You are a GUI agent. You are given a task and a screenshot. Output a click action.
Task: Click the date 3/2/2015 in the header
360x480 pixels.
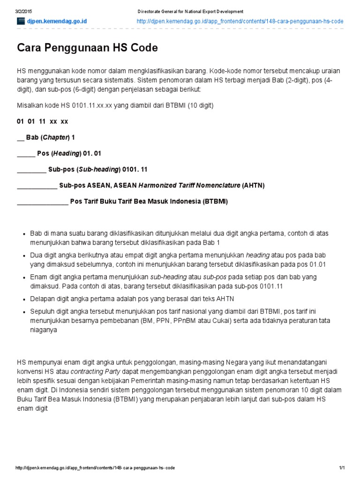[x=23, y=11]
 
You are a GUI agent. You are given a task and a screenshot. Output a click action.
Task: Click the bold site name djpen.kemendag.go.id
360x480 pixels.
[x=56, y=22]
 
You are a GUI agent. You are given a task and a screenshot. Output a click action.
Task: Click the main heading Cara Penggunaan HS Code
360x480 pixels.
[x=87, y=48]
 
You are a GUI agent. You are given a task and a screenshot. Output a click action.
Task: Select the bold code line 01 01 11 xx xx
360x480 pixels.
[x=43, y=121]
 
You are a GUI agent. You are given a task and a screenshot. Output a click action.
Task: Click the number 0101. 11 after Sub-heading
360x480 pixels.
[x=135, y=169]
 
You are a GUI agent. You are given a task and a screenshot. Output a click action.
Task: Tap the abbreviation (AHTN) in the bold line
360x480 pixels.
[x=253, y=185]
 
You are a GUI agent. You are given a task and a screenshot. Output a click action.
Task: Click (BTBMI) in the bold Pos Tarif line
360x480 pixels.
[x=215, y=202]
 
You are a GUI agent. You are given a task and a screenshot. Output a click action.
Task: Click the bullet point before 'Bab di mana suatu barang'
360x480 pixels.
[x=24, y=233]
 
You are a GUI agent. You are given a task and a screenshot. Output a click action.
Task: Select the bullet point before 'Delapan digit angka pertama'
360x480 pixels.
[x=24, y=299]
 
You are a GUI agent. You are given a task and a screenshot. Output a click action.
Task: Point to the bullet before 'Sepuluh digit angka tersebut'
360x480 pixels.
[x=24, y=312]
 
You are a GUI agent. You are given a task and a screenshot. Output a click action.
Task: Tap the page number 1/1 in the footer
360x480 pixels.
[x=342, y=468]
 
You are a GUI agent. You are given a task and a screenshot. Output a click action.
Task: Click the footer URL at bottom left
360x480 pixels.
[x=95, y=468]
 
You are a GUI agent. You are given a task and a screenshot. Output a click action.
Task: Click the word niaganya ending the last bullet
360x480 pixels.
[x=43, y=330]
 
